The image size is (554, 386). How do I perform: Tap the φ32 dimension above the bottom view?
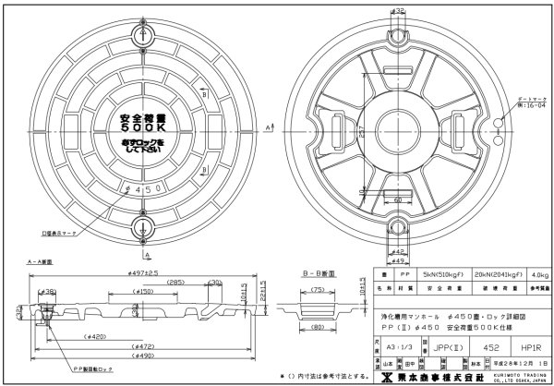point(400,11)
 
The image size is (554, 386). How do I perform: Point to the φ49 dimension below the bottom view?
point(398,261)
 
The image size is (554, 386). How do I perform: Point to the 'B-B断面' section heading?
point(319,274)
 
